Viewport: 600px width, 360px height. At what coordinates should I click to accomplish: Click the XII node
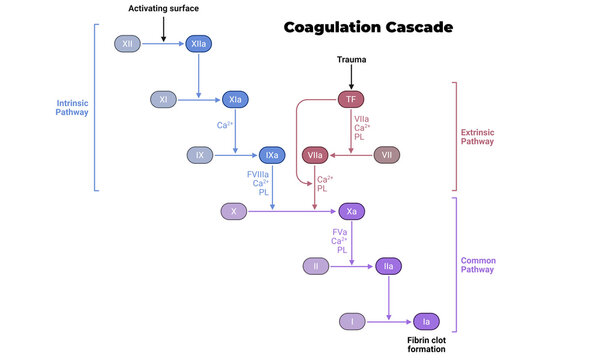(128, 45)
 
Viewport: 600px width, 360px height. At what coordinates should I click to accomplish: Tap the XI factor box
(164, 99)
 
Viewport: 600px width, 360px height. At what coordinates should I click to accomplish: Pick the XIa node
(235, 99)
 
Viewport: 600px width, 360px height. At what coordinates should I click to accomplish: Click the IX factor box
(200, 155)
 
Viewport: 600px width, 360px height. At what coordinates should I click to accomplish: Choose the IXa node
(271, 155)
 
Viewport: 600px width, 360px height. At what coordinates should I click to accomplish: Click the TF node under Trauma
(350, 99)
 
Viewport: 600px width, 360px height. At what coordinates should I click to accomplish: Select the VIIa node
(316, 155)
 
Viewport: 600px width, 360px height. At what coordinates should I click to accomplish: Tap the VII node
(387, 155)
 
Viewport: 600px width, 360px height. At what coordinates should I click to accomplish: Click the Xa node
(350, 211)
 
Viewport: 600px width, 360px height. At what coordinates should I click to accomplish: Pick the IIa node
(387, 266)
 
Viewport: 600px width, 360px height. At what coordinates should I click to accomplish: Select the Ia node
(425, 321)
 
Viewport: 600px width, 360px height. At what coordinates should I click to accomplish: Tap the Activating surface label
(163, 9)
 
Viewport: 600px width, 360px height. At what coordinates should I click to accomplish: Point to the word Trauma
(350, 60)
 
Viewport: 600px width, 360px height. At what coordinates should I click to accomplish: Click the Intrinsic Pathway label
(72, 106)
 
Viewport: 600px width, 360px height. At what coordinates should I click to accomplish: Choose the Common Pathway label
(478, 265)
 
